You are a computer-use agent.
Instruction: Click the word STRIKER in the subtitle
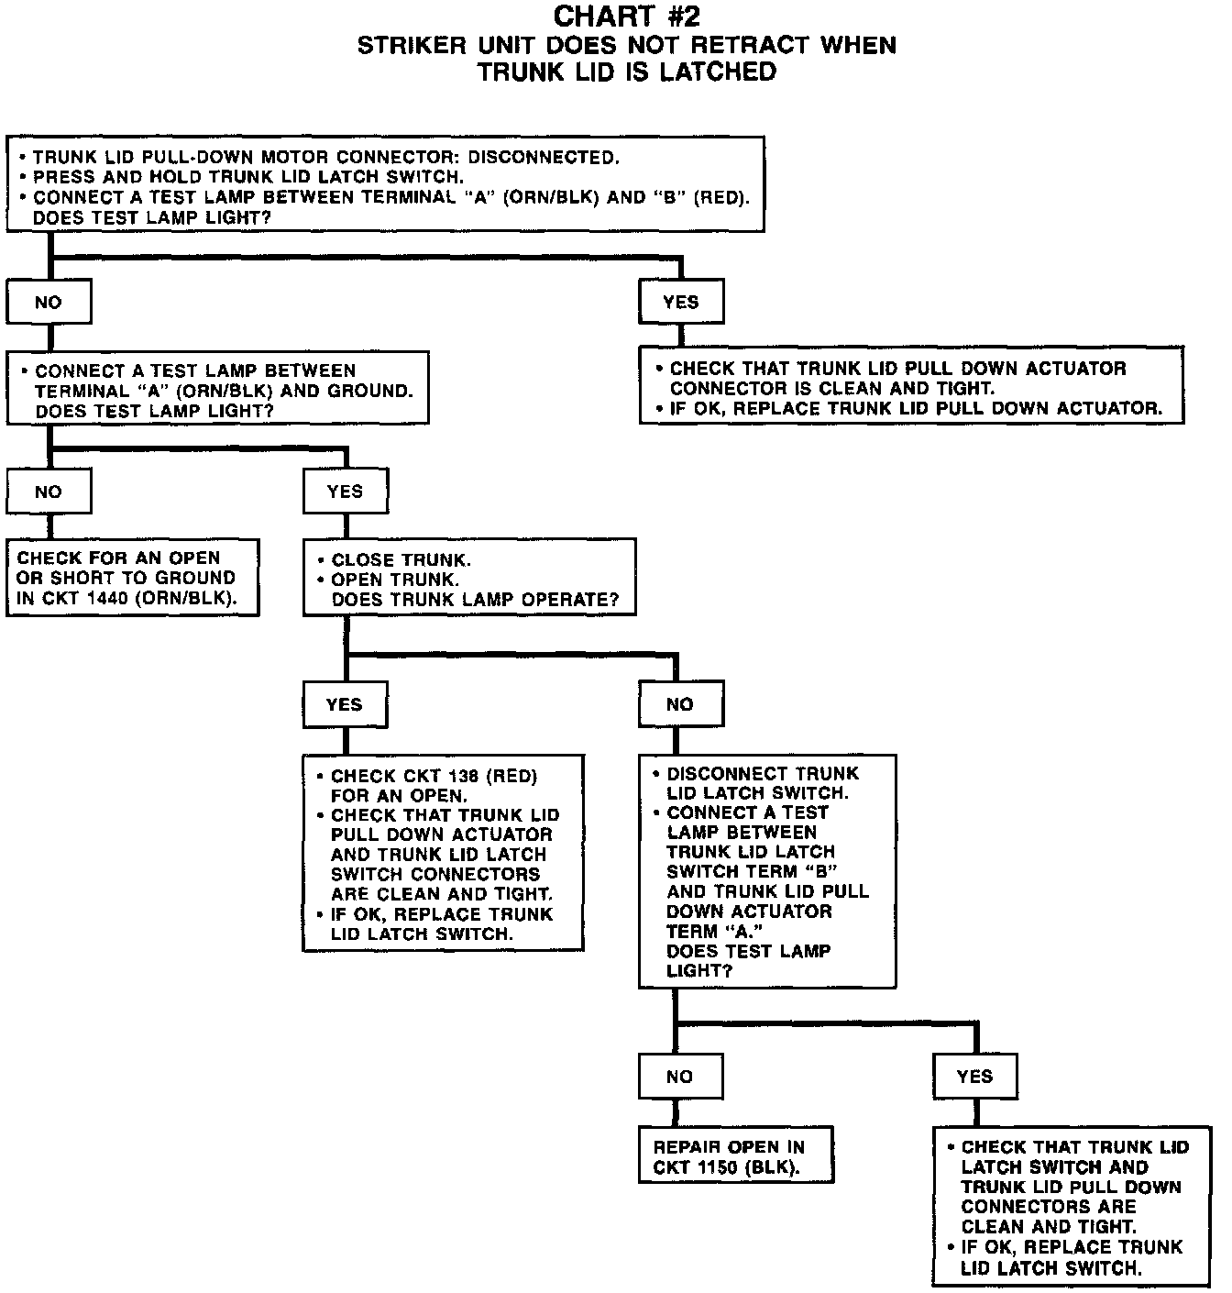[410, 45]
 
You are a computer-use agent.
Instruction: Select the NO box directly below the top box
[49, 303]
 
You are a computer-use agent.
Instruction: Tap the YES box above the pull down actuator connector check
[680, 302]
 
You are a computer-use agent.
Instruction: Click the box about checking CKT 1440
[132, 578]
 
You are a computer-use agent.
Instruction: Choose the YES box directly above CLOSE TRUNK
[345, 492]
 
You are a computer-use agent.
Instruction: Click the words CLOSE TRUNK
[401, 559]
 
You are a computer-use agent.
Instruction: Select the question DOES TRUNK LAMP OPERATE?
[475, 600]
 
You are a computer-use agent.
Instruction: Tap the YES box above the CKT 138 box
[344, 704]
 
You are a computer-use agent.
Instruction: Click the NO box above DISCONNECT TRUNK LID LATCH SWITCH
[679, 704]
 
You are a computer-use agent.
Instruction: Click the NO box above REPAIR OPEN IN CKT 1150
[679, 1077]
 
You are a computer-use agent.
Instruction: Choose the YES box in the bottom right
[974, 1077]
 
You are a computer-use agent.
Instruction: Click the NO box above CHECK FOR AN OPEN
[49, 492]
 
